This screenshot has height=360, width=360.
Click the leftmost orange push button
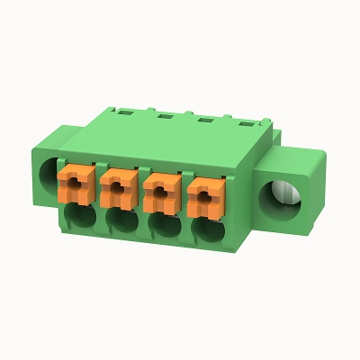coord(72,184)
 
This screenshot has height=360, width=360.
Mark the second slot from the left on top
coord(165,114)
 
